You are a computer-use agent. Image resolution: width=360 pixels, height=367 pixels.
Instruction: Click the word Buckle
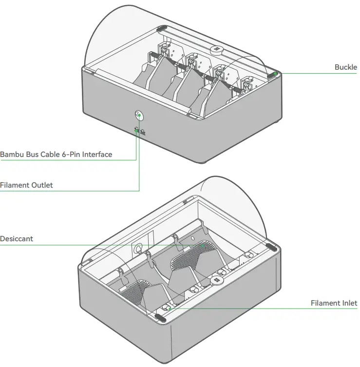pos(345,67)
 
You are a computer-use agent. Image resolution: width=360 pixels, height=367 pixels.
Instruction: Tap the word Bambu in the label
pos(12,155)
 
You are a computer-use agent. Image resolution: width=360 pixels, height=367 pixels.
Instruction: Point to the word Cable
pos(51,155)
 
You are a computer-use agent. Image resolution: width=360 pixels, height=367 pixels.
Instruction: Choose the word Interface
pos(97,155)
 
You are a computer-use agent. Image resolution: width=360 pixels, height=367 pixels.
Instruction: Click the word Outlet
pos(41,185)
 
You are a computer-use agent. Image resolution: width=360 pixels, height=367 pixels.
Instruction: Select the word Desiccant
pos(17,239)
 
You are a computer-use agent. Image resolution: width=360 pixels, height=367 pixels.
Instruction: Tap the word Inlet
pos(349,303)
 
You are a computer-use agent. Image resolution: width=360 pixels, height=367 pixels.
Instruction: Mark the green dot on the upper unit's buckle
pos(276,74)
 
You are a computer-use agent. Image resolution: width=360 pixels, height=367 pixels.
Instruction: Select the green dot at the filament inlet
pos(169,308)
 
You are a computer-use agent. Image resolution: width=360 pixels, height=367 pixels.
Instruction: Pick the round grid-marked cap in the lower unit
pos(216,281)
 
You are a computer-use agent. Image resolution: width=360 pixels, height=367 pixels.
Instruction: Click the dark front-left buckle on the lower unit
pos(160,317)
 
